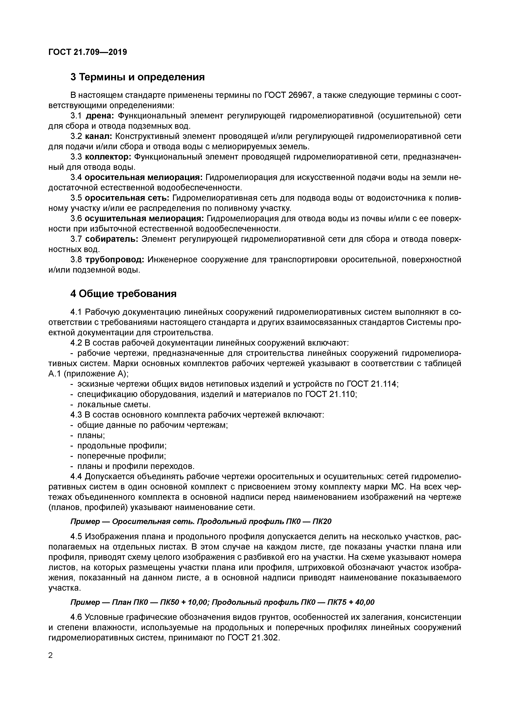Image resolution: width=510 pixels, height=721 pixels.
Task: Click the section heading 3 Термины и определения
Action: pos(137,77)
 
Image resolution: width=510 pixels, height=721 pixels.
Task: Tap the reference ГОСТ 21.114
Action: pos(372,384)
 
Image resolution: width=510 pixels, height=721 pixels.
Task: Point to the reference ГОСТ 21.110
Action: pos(331,394)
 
